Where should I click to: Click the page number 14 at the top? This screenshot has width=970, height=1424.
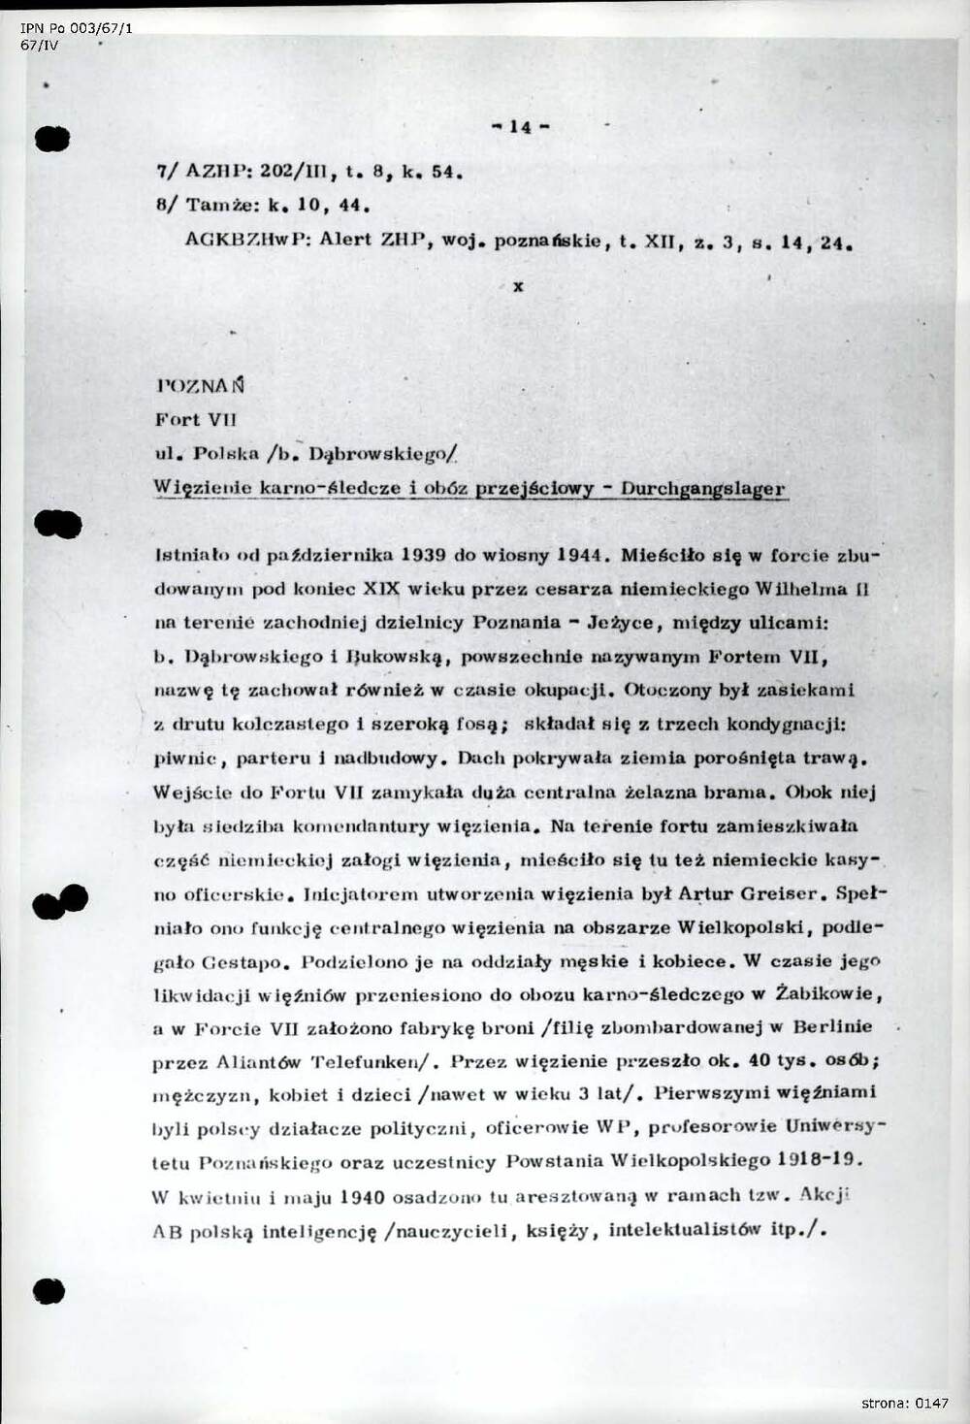point(521,127)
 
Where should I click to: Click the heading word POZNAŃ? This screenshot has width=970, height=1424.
point(200,385)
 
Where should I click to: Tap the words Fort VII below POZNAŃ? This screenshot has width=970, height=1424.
point(195,420)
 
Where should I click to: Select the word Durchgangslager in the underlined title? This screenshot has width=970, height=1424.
point(703,489)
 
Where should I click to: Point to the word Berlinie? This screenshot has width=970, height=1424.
point(832,1027)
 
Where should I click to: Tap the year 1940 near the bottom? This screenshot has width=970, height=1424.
point(370,1196)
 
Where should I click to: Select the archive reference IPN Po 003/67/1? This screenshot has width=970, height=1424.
point(77,28)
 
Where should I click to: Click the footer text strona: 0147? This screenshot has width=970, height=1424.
point(904,1403)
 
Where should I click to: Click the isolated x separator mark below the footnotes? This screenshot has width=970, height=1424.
point(519,287)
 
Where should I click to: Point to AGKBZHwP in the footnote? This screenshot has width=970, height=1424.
point(246,241)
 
